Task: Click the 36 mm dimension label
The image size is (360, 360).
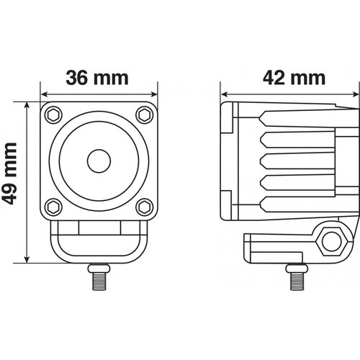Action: coord(97,78)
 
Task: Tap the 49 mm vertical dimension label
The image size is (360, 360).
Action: coord(9,174)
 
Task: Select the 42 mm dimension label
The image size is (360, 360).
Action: coord(294,78)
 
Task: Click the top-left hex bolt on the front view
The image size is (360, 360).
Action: coord(53,115)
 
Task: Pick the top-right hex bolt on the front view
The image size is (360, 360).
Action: coord(145,115)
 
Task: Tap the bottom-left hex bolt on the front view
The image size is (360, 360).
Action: coord(53,207)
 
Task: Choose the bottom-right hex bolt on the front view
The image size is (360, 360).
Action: coord(145,207)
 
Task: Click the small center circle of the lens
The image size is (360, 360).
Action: coord(99,161)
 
